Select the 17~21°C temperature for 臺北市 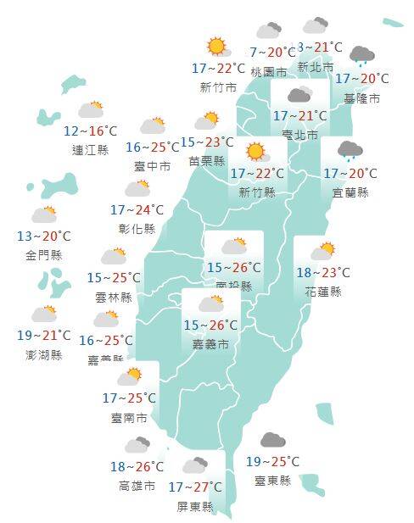click(x=299, y=116)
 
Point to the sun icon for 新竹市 click(x=217, y=47)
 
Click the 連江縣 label click(x=91, y=150)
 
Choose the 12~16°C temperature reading click(x=91, y=131)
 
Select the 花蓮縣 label click(x=323, y=292)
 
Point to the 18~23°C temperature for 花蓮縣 click(x=323, y=273)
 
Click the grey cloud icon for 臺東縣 click(x=272, y=440)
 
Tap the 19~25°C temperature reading click(x=272, y=462)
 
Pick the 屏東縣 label click(x=195, y=506)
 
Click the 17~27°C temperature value click(x=195, y=487)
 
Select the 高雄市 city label click(x=137, y=486)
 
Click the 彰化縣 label click(x=137, y=229)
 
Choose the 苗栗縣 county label click(x=208, y=161)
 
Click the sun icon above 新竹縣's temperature click(x=255, y=153)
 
